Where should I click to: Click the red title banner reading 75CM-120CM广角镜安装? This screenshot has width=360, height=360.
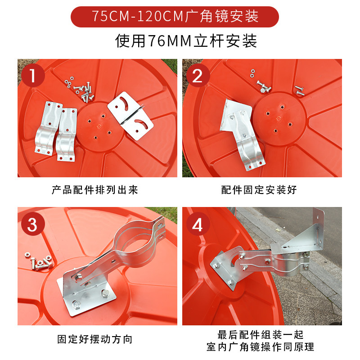point(175,17)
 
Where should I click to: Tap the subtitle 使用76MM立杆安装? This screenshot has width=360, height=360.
point(186,41)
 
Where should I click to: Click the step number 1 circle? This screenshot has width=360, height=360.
point(33,76)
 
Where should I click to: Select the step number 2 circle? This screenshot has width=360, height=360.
point(198,76)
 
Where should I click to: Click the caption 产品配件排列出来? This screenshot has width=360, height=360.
point(95,190)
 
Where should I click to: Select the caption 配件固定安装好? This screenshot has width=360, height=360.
point(259,190)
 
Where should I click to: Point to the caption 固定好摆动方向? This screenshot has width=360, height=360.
point(95,339)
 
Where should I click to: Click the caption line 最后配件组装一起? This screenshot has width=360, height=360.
point(261,335)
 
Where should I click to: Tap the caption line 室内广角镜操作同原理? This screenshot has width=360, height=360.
point(261,346)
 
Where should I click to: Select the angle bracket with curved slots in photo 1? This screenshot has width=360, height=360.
point(130,116)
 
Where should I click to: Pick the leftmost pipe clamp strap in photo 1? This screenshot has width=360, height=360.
point(48,128)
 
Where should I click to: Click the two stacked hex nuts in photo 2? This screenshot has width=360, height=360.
point(252,73)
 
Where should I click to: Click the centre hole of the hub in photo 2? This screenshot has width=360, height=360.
point(279,118)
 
